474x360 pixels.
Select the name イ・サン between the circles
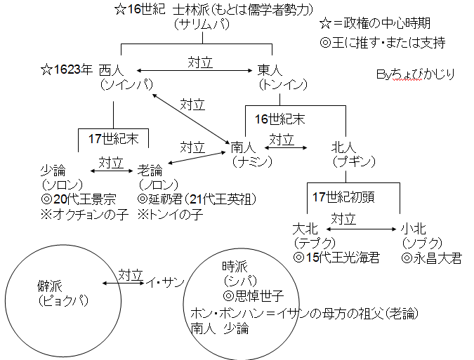[164, 282]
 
